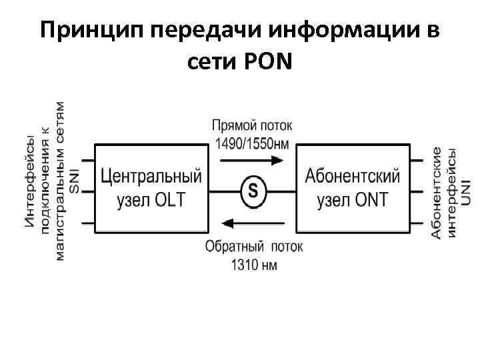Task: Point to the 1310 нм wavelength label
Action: pos(254,265)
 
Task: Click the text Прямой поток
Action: pos(251,125)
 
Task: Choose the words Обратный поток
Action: pos(254,247)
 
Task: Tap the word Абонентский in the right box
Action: pos(353,177)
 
